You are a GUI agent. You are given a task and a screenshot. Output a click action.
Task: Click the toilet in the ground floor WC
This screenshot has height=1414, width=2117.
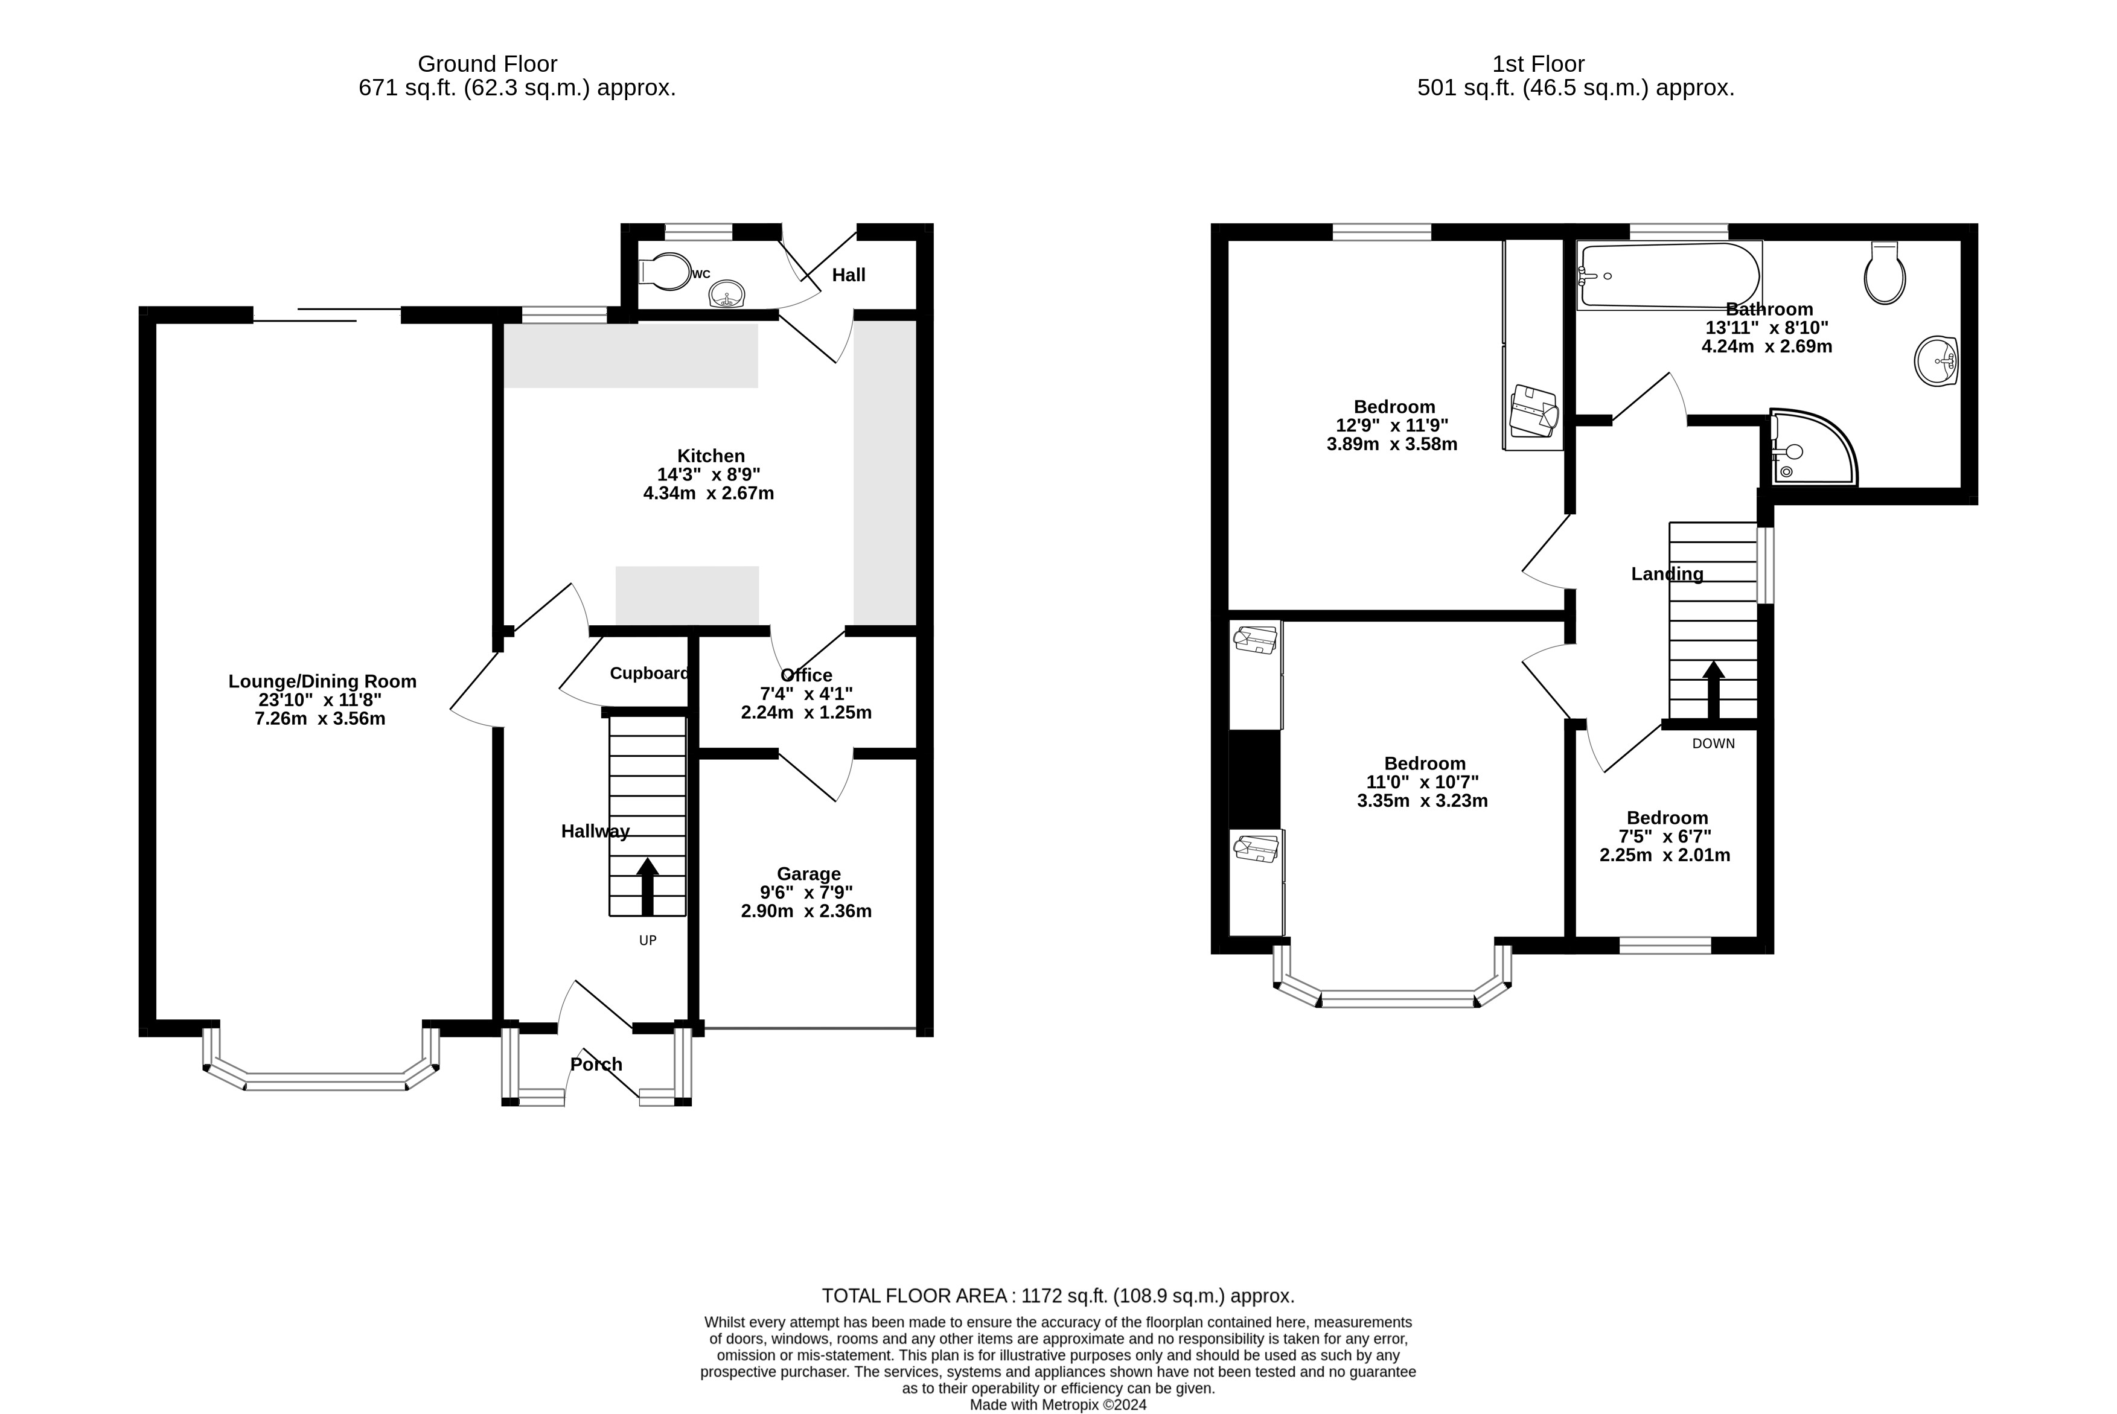pyautogui.click(x=664, y=272)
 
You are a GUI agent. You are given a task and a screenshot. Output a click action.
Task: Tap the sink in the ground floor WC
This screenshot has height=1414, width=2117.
pyautogui.click(x=727, y=293)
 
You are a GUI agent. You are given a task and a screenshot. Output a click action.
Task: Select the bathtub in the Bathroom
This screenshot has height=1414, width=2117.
pyautogui.click(x=1668, y=275)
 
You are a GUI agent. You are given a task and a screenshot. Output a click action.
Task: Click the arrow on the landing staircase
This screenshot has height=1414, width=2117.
pyautogui.click(x=1713, y=690)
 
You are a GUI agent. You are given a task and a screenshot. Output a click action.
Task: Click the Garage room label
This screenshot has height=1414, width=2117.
pyautogui.click(x=808, y=874)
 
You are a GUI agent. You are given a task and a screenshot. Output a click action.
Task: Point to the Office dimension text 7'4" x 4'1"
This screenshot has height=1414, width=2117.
pyautogui.click(x=806, y=693)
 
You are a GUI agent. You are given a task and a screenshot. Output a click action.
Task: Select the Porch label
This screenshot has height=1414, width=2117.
pyautogui.click(x=596, y=1064)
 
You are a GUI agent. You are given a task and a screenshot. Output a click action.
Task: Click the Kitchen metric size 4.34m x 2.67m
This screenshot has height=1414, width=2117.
pyautogui.click(x=708, y=493)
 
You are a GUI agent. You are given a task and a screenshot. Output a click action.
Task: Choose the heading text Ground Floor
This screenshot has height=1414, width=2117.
pyautogui.click(x=487, y=64)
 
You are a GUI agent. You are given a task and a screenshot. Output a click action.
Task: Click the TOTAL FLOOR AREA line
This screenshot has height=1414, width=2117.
pyautogui.click(x=1058, y=1296)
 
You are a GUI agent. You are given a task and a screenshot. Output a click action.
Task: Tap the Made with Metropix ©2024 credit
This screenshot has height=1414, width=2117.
pyautogui.click(x=1058, y=1405)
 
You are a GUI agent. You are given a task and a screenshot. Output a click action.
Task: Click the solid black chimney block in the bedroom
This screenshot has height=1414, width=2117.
pyautogui.click(x=1254, y=779)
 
